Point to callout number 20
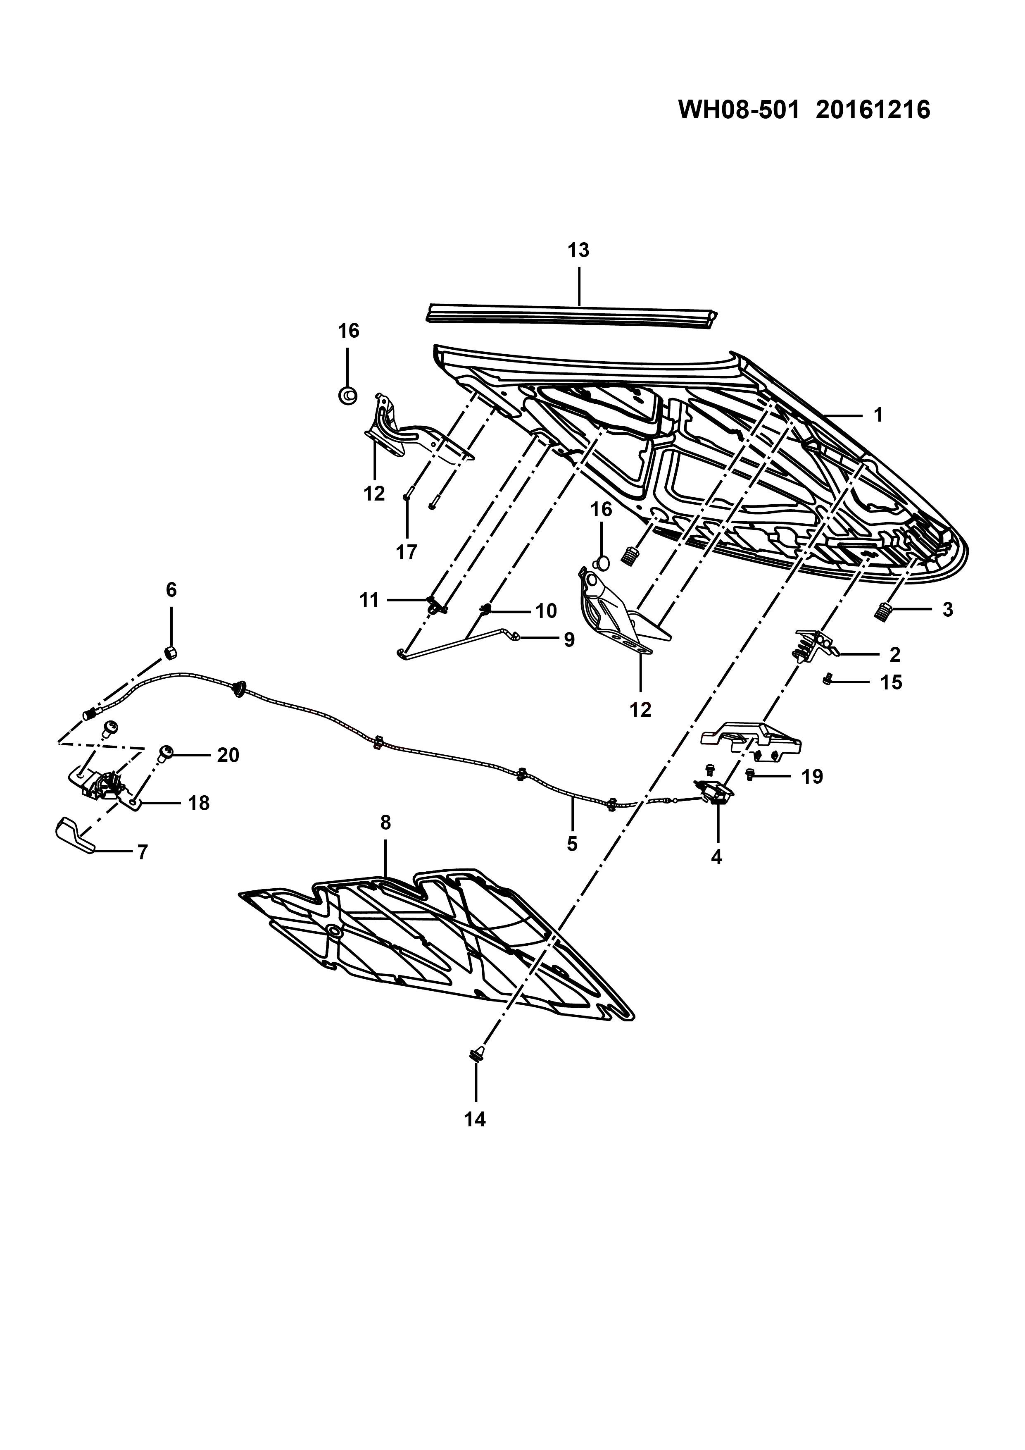pyautogui.click(x=228, y=755)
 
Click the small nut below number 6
pyautogui.click(x=170, y=652)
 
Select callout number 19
pyautogui.click(x=812, y=776)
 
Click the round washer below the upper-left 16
pyautogui.click(x=347, y=396)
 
